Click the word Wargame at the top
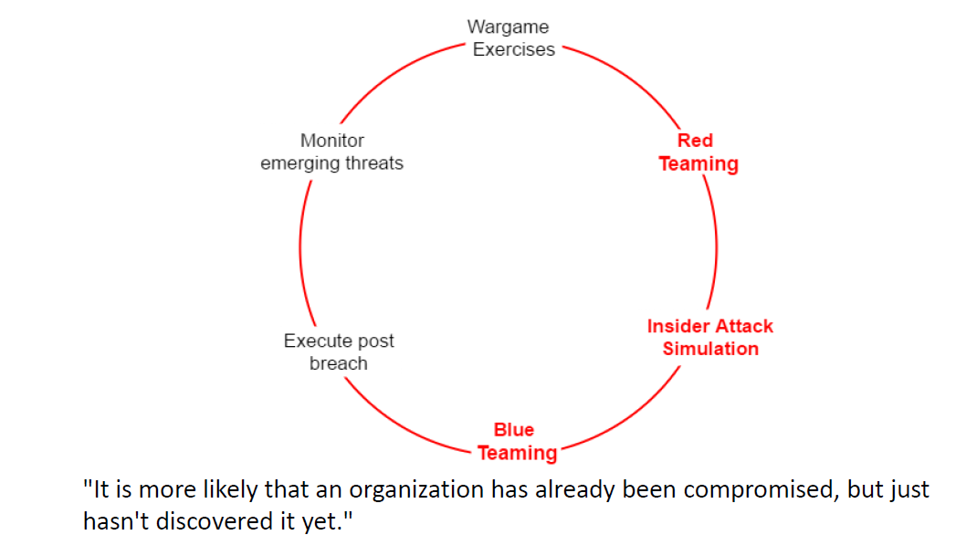[x=508, y=27]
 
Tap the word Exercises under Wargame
[x=513, y=50]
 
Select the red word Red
[x=695, y=141]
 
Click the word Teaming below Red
[x=699, y=164]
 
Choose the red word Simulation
[x=710, y=349]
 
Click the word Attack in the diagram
[x=744, y=326]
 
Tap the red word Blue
[x=513, y=429]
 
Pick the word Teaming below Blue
[x=517, y=453]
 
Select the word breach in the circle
[x=338, y=363]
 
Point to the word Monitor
[x=331, y=141]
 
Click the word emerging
[x=302, y=164]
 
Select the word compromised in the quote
[x=760, y=490]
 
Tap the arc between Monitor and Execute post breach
[x=301, y=247]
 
